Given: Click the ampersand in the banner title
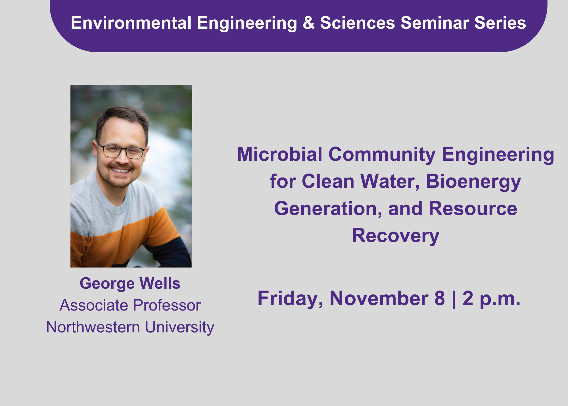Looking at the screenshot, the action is pyautogui.click(x=309, y=23).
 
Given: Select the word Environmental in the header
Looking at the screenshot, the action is pyautogui.click(x=131, y=23).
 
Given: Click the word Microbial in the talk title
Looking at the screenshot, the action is pyautogui.click(x=280, y=154).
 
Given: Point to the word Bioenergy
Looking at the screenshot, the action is pyautogui.click(x=473, y=182).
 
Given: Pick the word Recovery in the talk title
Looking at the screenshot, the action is pyautogui.click(x=396, y=236).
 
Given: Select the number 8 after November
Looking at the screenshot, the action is pyautogui.click(x=440, y=298).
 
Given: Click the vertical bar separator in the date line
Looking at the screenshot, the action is pyautogui.click(x=454, y=299).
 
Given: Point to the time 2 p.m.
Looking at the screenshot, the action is pyautogui.click(x=491, y=299).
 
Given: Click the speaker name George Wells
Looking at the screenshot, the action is pyautogui.click(x=130, y=284).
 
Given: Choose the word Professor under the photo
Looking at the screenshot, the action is pyautogui.click(x=167, y=305).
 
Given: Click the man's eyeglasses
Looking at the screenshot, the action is pyautogui.click(x=122, y=151).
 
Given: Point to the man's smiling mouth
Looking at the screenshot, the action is pyautogui.click(x=120, y=170).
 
